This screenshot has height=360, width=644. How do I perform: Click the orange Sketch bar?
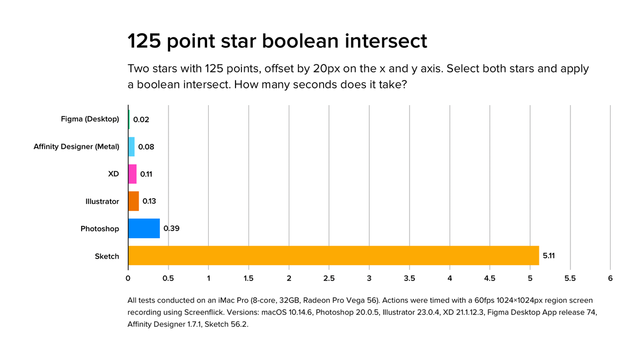333,255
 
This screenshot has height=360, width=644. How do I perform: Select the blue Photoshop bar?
144,229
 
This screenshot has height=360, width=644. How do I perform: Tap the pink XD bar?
133,174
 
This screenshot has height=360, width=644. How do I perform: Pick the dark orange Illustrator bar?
134,201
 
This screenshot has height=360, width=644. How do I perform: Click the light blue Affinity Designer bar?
131,146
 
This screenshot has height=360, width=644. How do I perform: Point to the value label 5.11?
549,256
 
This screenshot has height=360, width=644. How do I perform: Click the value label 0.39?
171,229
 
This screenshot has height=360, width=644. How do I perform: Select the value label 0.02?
141,120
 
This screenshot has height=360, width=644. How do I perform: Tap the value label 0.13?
150,201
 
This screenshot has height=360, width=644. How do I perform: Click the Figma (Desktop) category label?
90,119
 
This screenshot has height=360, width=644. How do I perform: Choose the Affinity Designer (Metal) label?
76,146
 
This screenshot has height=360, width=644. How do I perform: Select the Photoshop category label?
100,229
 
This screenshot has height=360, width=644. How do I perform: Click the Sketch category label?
107,256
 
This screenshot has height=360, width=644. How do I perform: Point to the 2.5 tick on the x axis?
329,278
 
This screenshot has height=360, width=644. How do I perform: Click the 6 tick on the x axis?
610,278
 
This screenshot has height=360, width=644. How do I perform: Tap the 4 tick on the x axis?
450,278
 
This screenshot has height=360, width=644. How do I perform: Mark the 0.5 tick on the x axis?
168,278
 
